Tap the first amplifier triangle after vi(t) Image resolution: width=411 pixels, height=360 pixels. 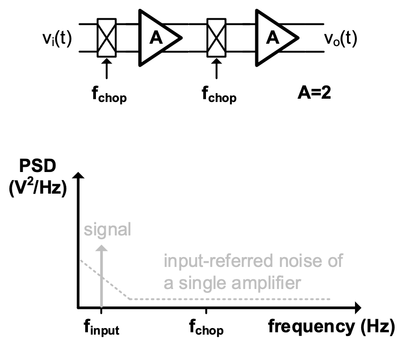pos(157,38)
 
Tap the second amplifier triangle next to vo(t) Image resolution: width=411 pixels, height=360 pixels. pos(274,38)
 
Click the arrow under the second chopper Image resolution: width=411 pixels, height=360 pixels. pos(216,68)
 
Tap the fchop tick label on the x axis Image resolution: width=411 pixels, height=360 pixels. pos(206,328)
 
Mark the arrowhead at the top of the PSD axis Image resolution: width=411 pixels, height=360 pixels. pos(79,178)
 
